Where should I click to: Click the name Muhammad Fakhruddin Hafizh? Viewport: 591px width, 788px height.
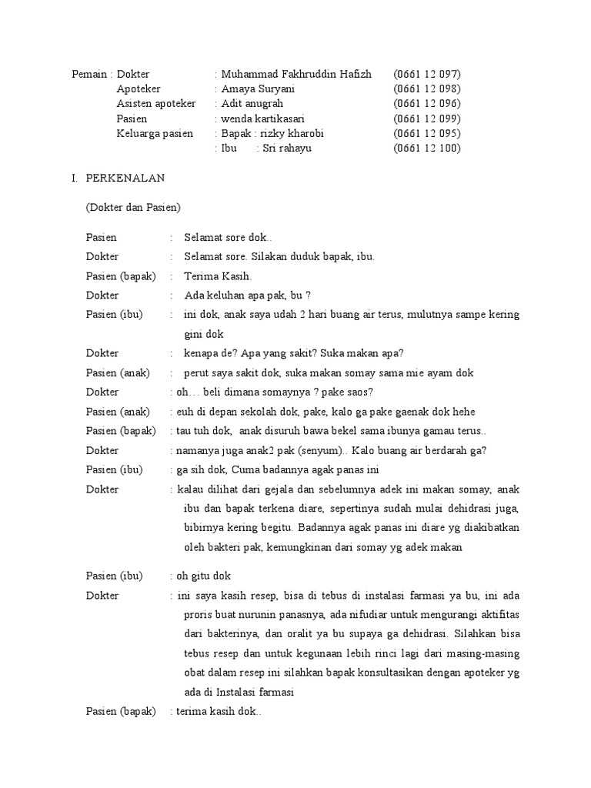[296, 75]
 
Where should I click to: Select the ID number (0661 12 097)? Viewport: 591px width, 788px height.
[426, 75]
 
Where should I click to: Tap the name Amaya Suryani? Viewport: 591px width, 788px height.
[258, 89]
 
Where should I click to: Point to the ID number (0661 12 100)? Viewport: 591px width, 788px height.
[426, 149]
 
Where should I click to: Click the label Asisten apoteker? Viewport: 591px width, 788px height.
[156, 104]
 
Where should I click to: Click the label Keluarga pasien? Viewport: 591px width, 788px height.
[155, 134]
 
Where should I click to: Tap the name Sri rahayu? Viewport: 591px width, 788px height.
[286, 149]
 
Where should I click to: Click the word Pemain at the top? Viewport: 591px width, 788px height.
[89, 75]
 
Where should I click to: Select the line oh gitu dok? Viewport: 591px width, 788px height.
[203, 576]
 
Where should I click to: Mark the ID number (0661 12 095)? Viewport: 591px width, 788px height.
[426, 134]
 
